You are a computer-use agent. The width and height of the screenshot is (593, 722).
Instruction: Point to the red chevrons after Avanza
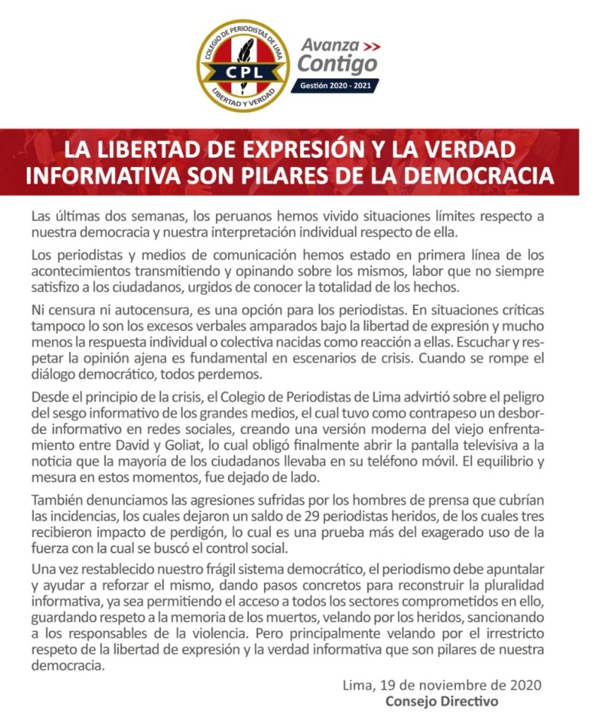(370, 46)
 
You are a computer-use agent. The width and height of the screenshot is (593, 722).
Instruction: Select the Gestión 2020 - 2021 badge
(335, 85)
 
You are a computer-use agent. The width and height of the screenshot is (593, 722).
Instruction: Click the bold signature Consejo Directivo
(442, 701)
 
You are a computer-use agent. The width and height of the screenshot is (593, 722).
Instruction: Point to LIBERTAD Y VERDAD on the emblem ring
(244, 96)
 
